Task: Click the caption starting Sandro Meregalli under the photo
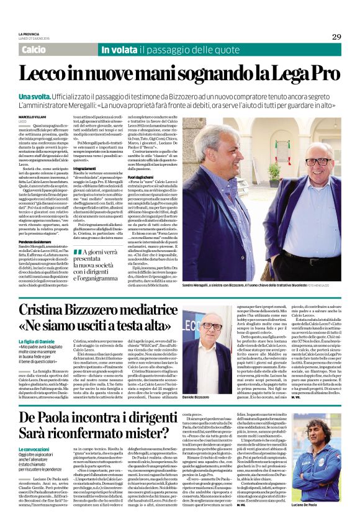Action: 248,283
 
